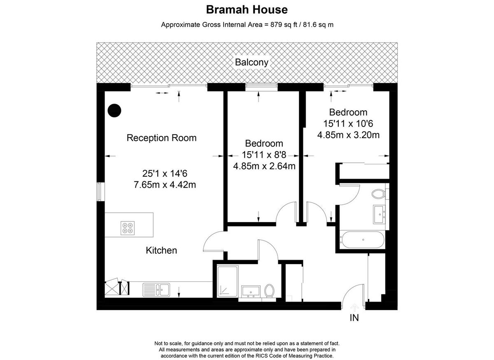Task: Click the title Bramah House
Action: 247,9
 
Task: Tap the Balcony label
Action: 252,63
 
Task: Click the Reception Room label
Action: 161,138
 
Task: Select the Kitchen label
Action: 161,250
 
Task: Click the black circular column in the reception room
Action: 114,110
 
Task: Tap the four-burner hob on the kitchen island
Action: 128,228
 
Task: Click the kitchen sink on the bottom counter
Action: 156,290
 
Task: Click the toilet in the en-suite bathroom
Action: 378,193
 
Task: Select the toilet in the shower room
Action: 270,290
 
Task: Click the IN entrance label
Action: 354,318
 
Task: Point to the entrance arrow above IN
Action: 354,307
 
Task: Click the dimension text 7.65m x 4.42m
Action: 165,185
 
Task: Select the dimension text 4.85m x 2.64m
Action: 264,166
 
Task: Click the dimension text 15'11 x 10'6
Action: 348,123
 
